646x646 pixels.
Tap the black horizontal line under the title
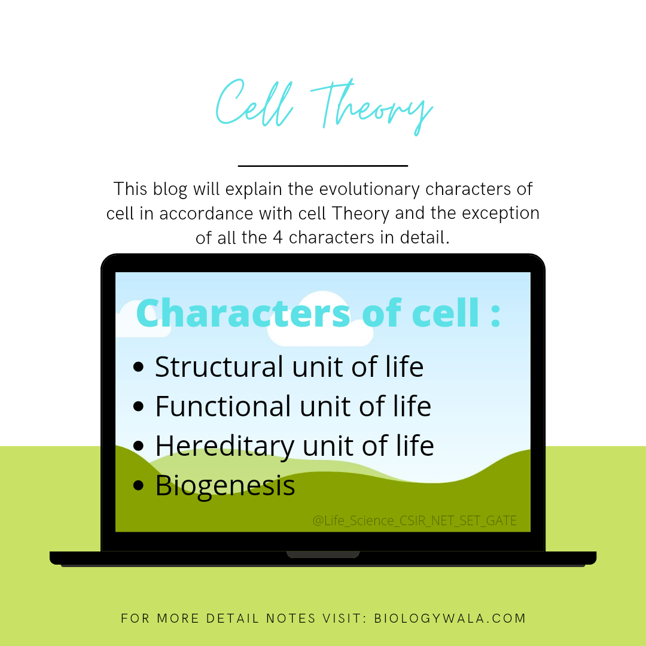[322, 166]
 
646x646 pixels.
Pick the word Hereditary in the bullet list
[224, 446]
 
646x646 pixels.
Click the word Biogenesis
[225, 486]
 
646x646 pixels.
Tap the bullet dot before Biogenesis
[139, 486]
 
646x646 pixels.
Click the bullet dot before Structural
[139, 367]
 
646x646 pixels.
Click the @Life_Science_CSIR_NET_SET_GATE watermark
[415, 521]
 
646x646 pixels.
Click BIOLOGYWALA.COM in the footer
[450, 618]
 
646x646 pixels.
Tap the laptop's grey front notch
[322, 554]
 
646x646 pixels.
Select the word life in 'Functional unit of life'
[410, 406]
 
